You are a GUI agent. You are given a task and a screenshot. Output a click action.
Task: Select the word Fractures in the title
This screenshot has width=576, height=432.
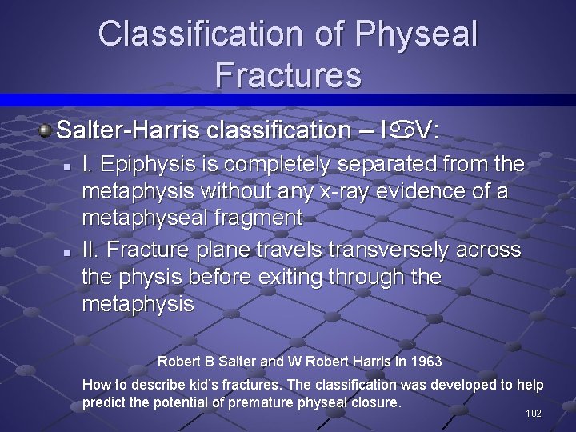coord(288,75)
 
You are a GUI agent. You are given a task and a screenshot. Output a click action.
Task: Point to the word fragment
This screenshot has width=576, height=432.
coord(264,218)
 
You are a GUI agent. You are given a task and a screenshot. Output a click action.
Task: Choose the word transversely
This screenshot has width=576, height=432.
coord(381,250)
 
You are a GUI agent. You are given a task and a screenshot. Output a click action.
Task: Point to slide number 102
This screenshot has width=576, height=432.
coord(534,414)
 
